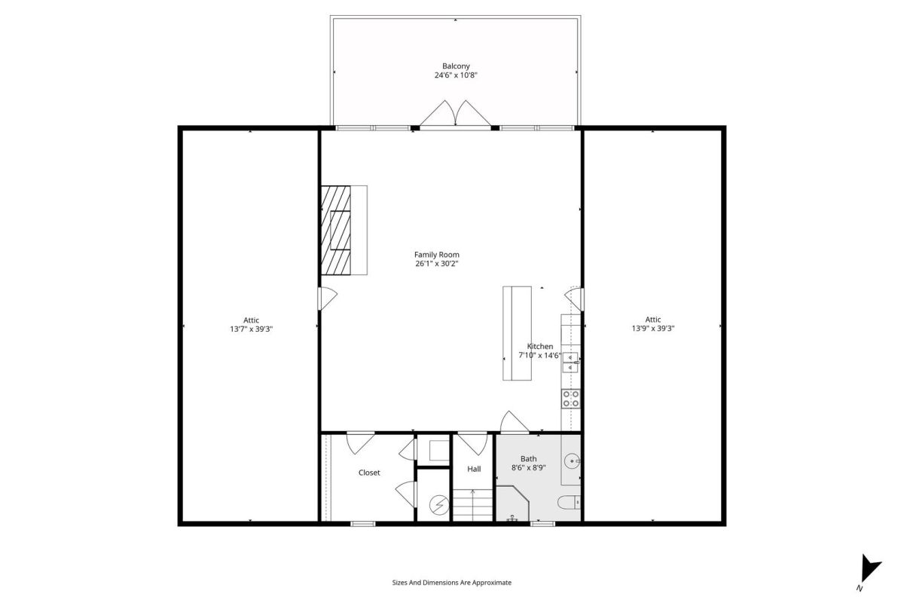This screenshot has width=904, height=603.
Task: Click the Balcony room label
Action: pos(456,66)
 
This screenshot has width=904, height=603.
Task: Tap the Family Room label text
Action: pos(437,255)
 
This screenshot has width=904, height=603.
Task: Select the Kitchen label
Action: pos(540,347)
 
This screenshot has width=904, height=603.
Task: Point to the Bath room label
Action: pos(528,459)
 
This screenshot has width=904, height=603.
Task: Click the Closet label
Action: pos(369,473)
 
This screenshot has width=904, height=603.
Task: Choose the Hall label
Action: pos(474,469)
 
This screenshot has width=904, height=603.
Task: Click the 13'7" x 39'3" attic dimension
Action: pos(251,329)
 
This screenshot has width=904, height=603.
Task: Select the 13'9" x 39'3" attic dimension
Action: pos(653,329)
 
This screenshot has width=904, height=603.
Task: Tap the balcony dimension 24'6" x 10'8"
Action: pos(456,75)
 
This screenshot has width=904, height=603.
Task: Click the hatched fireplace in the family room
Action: pos(336,230)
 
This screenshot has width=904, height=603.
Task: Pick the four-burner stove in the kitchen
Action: pos(571,399)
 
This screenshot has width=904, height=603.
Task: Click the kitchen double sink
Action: pos(571,363)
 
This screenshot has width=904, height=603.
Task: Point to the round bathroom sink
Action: pos(573,460)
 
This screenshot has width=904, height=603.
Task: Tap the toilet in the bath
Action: pos(569,503)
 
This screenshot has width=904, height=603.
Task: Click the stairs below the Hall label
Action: pos(472,505)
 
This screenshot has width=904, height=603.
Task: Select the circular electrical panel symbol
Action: pos(439,505)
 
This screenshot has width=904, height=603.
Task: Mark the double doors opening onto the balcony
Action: pos(455,114)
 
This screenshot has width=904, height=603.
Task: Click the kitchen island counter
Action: pos(517,333)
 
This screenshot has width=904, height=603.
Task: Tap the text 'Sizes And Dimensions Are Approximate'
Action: pos(451,583)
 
